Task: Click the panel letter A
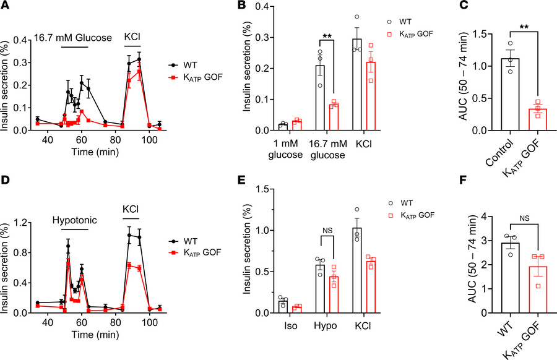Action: click(x=6, y=7)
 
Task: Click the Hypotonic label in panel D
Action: click(x=69, y=220)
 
